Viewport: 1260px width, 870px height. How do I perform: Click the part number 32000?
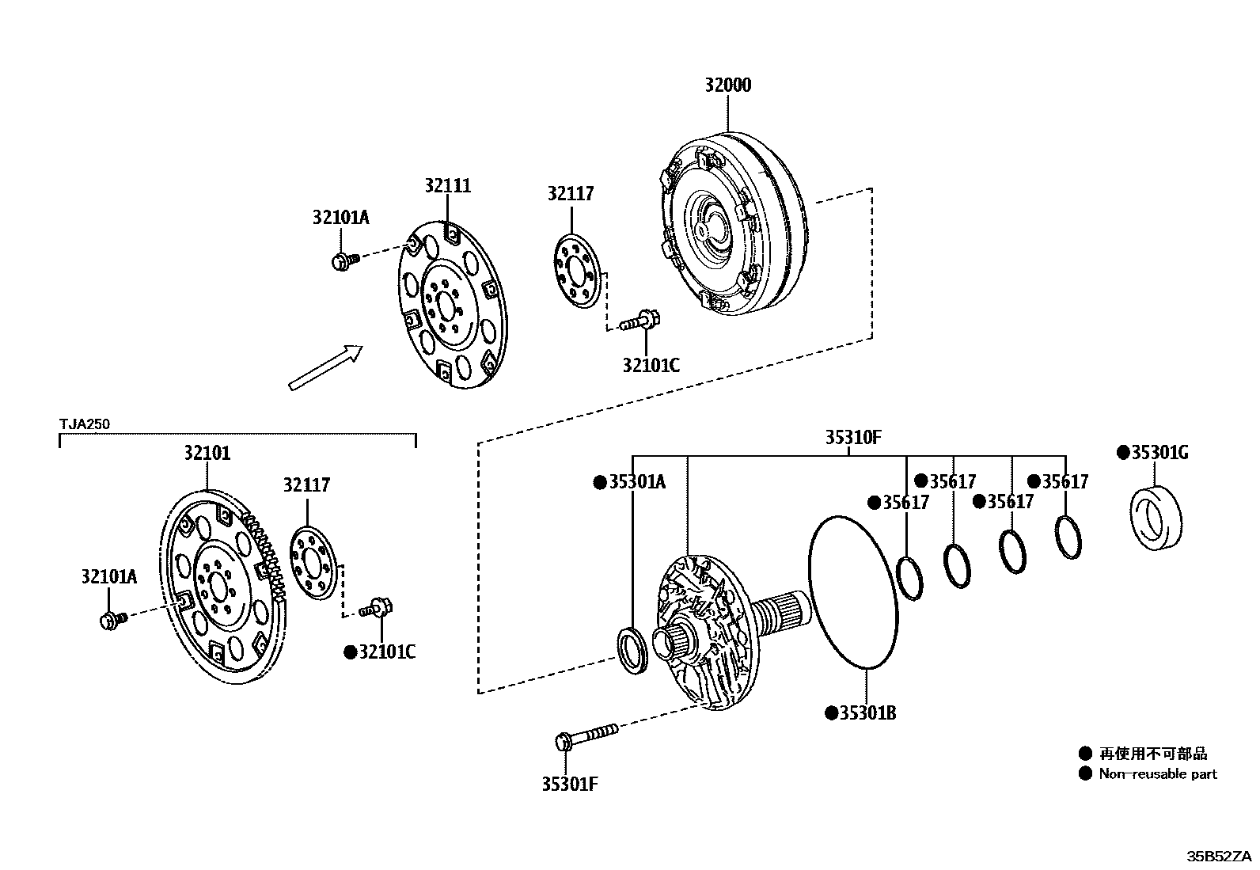tap(728, 85)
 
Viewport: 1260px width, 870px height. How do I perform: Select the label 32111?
tap(447, 185)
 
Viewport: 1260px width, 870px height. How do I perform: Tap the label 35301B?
tap(867, 713)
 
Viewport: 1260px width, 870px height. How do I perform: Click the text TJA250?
tap(85, 424)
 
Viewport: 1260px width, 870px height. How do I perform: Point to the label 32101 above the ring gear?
tap(207, 453)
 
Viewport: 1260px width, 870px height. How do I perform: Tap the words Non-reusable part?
tap(1157, 773)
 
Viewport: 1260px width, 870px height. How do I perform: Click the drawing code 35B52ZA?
tap(1219, 857)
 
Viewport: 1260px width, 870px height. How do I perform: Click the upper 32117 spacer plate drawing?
tap(576, 272)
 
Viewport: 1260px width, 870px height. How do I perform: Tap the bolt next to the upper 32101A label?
tap(345, 260)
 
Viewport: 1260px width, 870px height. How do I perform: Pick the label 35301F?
tap(569, 784)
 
